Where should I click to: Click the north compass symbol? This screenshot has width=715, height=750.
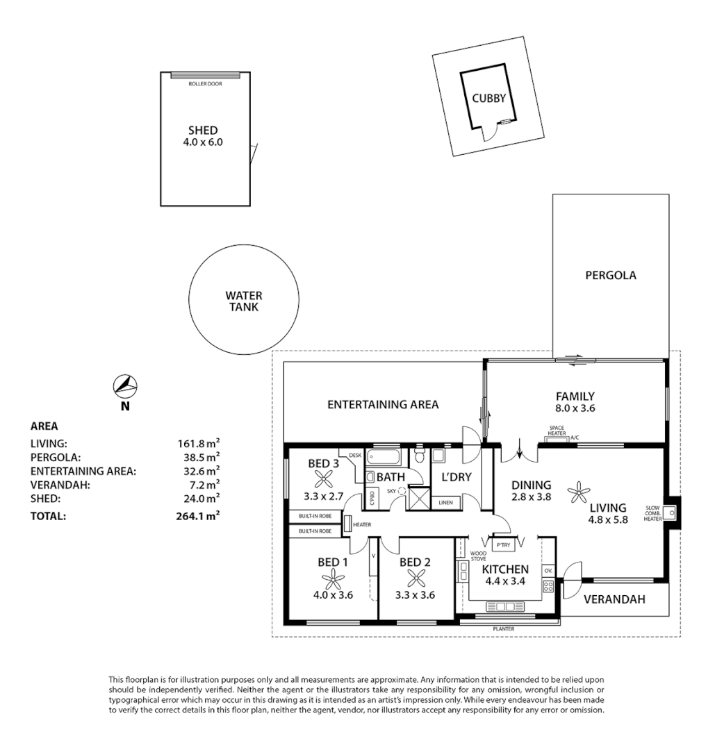pos(125,385)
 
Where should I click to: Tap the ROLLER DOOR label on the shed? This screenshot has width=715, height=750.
pos(205,84)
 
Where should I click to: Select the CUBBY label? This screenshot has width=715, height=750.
pos(488,99)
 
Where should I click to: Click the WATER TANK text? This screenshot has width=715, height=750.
pos(243,301)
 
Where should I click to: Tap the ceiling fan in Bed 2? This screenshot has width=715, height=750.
pos(417,577)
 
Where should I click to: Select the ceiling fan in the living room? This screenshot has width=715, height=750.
pos(578,492)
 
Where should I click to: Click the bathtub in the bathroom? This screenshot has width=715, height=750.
pos(384,458)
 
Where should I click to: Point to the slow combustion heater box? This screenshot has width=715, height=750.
pos(671,513)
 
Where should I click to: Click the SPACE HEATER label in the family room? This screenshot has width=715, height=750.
pos(557,431)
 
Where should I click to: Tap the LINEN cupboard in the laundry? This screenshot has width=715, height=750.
pos(445,502)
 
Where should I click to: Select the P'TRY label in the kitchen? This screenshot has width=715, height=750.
pos(503,544)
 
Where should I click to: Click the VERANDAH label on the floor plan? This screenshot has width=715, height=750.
pos(614,599)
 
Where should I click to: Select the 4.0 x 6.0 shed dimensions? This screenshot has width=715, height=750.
pos(203,142)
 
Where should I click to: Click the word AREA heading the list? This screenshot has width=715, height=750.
pos(44,426)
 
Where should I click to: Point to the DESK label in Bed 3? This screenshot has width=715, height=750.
pos(355,455)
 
